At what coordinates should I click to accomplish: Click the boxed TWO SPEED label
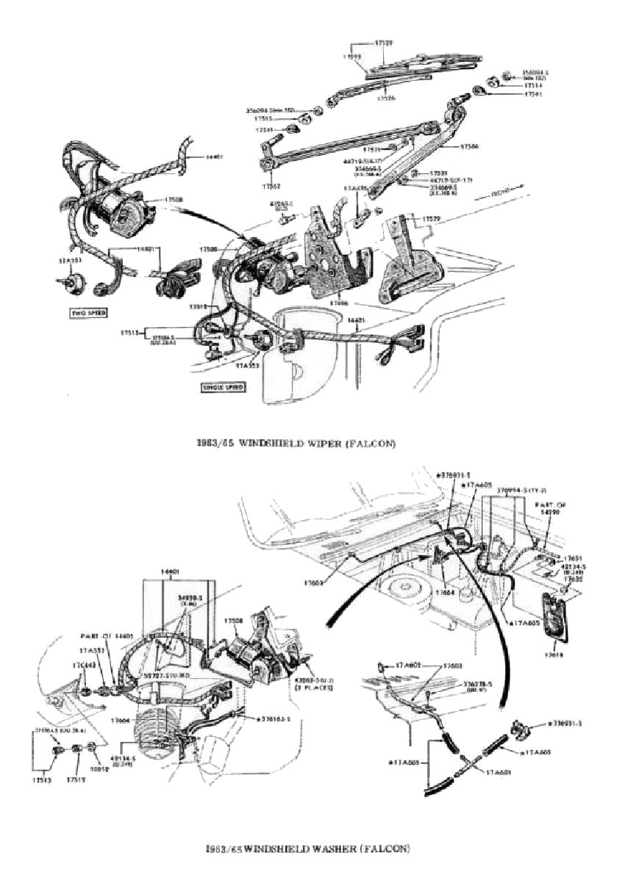[88, 312]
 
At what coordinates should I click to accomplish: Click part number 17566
[470, 147]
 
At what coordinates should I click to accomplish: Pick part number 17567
[271, 186]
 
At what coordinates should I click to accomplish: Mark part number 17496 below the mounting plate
[339, 301]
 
